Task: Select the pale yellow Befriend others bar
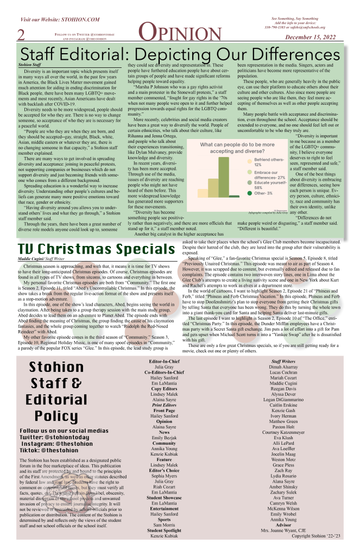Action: click(x=203, y=193)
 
